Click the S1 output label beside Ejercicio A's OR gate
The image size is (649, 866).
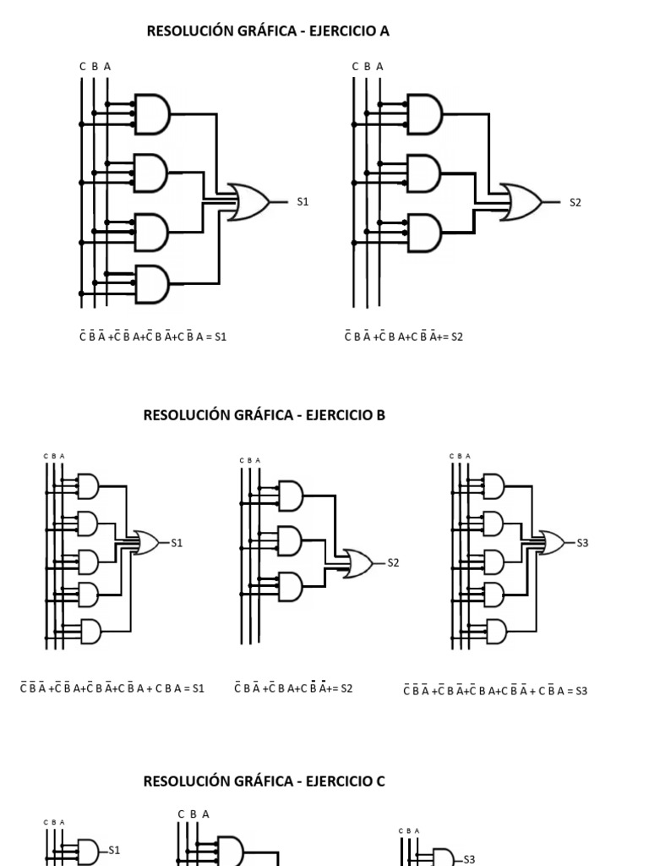(x=303, y=202)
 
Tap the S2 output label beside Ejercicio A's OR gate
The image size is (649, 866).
(x=575, y=203)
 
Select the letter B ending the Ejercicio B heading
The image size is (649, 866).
(x=381, y=415)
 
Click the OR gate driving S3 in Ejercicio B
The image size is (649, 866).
(x=554, y=543)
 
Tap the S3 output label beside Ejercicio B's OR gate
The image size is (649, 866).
(x=582, y=543)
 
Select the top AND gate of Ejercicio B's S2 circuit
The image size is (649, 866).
(x=290, y=496)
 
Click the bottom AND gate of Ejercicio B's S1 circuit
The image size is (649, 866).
(x=89, y=632)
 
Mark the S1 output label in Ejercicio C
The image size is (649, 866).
(x=114, y=850)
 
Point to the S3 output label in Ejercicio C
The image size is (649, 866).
(x=469, y=859)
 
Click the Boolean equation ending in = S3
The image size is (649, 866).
(x=495, y=691)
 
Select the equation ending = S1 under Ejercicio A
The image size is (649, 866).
(x=153, y=337)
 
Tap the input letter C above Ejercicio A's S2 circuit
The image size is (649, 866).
(x=356, y=66)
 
